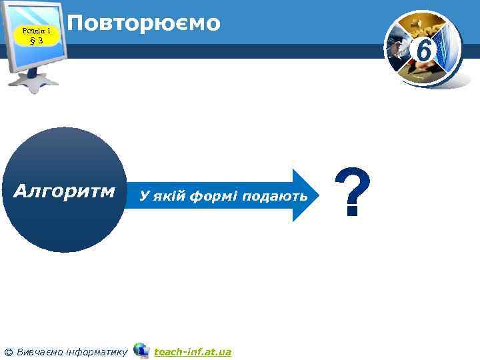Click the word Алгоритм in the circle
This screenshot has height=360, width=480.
tap(65, 193)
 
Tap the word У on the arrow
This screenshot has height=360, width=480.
tap(142, 196)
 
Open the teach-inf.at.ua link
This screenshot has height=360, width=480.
tap(192, 351)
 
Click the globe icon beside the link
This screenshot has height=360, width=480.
tap(141, 351)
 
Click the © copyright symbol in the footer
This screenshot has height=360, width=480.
tap(9, 352)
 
